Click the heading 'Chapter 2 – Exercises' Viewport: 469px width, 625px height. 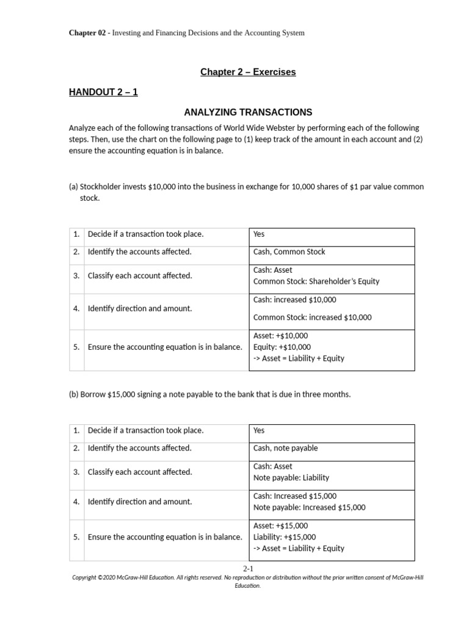click(248, 72)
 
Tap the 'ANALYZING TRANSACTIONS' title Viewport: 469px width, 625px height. click(248, 112)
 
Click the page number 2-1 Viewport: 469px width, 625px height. click(248, 568)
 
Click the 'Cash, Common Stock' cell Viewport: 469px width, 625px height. click(289, 252)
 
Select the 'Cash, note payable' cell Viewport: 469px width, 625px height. click(285, 448)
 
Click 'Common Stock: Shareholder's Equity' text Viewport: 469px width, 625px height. click(316, 281)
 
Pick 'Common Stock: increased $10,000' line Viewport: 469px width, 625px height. click(312, 317)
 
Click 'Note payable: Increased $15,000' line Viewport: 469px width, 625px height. click(309, 507)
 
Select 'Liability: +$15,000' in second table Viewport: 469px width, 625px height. click(285, 537)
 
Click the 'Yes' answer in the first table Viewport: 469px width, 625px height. click(259, 234)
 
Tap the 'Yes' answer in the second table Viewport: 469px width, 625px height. click(259, 430)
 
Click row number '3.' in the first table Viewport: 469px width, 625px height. click(76, 276)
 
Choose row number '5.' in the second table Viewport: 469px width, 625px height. click(76, 537)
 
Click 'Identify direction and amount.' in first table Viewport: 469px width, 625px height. click(139, 309)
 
